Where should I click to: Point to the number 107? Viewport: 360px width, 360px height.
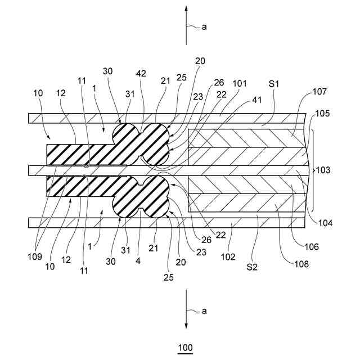(x=319, y=91)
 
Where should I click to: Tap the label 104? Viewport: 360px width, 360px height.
(x=325, y=223)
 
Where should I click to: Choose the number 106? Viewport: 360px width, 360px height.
(x=312, y=247)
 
